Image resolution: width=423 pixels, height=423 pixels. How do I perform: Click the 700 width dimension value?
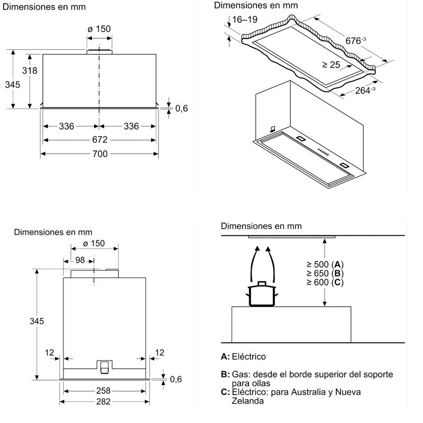click(x=100, y=154)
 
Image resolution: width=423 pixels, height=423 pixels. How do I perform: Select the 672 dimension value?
click(x=100, y=140)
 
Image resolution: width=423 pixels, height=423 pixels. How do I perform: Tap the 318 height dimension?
click(x=30, y=71)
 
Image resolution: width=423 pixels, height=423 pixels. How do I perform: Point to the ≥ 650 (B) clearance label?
click(x=325, y=273)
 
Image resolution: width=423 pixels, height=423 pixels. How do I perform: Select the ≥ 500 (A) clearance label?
click(x=325, y=264)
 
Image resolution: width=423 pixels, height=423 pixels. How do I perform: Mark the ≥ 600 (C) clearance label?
click(x=325, y=282)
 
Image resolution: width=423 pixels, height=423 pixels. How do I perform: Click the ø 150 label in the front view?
click(x=99, y=29)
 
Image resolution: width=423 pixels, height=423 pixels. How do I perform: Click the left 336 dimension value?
click(x=66, y=126)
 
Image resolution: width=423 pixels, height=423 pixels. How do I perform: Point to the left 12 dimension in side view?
click(x=50, y=352)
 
